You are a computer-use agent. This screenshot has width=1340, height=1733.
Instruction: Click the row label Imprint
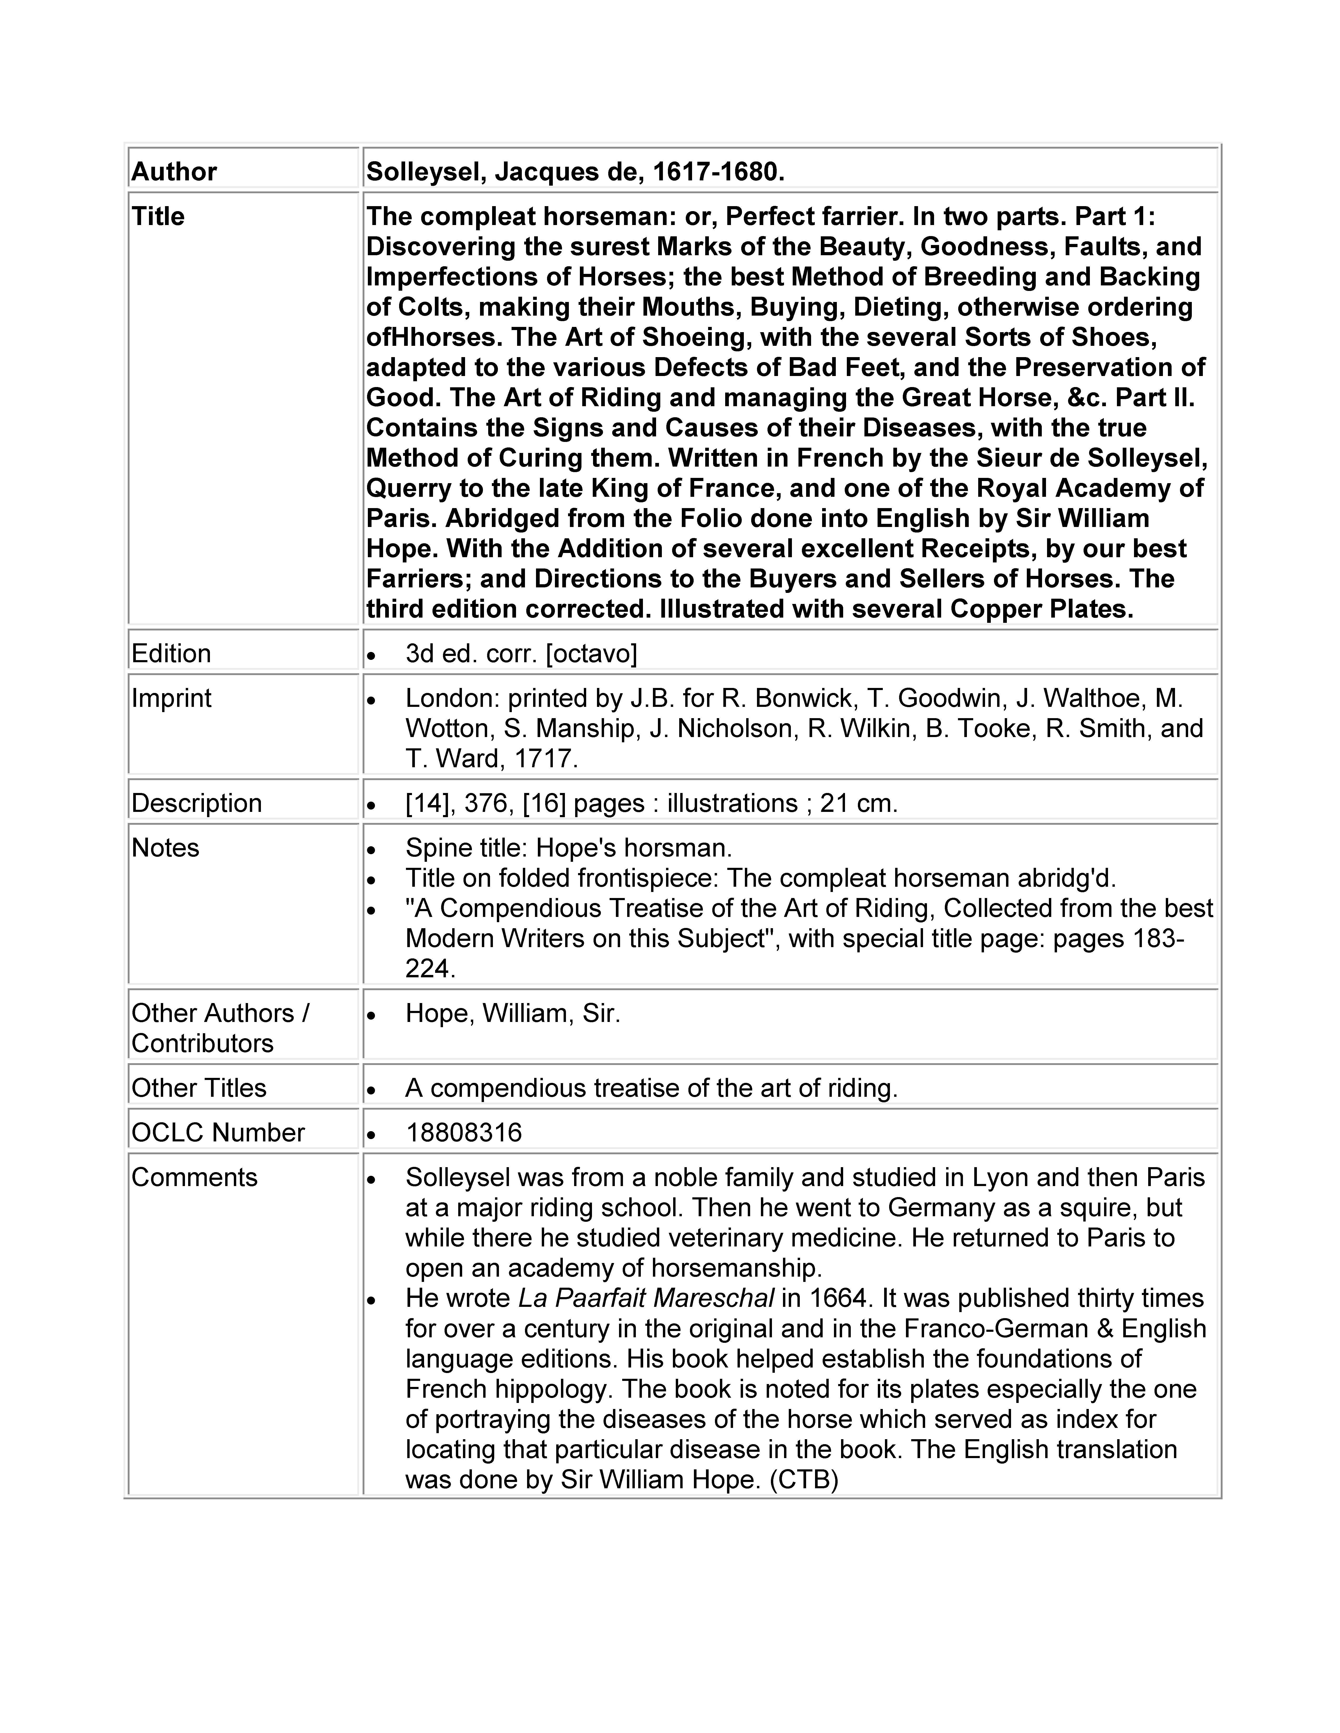pos(172,698)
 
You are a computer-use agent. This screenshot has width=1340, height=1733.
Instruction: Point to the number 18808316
pos(463,1132)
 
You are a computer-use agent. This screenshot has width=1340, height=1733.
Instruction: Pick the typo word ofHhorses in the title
pos(434,337)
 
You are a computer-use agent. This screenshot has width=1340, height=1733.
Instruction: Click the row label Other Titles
pos(198,1088)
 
